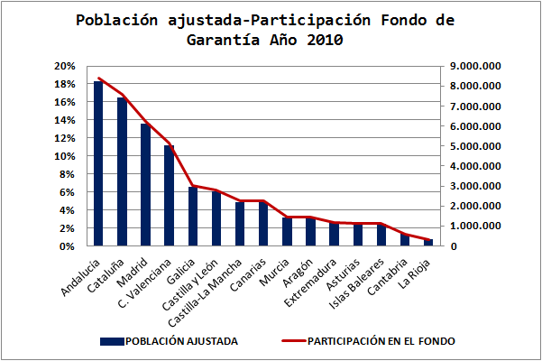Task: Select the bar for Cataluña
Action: (122, 171)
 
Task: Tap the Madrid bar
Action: (145, 185)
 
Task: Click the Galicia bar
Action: (192, 217)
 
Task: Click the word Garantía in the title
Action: (225, 40)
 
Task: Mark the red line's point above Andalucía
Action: (98, 78)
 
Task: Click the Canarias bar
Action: (262, 224)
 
